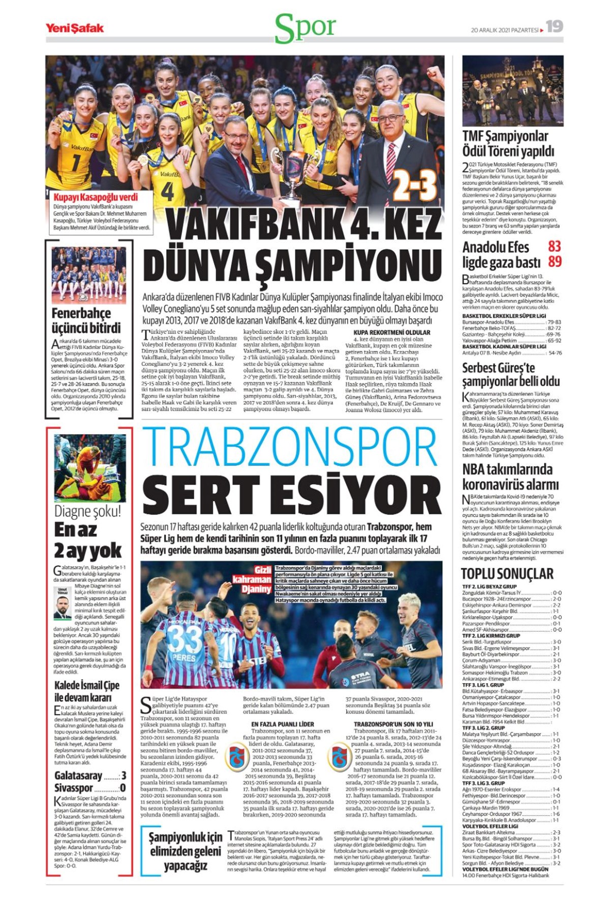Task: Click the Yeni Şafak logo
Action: [74, 28]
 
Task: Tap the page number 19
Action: [555, 26]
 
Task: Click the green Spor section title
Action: [305, 28]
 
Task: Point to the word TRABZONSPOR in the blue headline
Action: [290, 447]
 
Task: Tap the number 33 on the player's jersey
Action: [184, 638]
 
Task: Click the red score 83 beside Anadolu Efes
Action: [554, 246]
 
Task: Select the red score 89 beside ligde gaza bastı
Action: [554, 262]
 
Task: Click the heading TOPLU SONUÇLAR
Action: [507, 573]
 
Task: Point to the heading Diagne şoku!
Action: [88, 511]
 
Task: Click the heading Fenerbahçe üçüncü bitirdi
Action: [86, 320]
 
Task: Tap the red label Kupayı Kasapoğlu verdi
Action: [96, 197]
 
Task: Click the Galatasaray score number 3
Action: [123, 776]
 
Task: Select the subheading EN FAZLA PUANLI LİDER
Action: [282, 724]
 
